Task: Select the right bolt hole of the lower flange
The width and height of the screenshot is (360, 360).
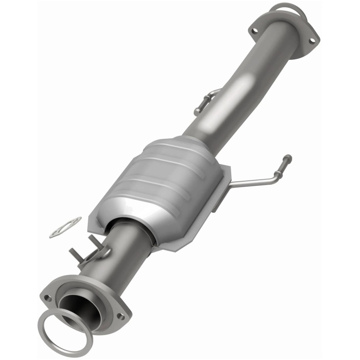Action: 120,316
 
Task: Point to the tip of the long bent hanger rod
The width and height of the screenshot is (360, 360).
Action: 287,158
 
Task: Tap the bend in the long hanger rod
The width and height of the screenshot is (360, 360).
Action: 273,180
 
